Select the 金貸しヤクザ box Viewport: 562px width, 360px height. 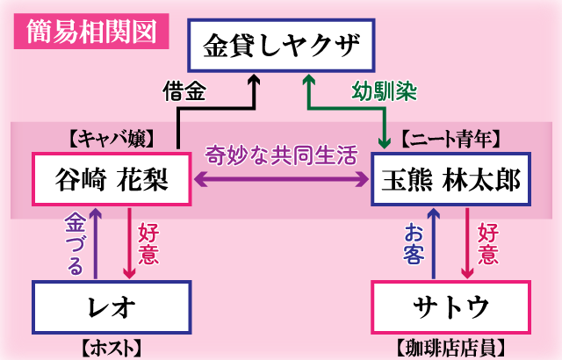(282, 46)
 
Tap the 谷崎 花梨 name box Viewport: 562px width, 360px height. (112, 181)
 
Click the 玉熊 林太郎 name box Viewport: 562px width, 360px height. (451, 181)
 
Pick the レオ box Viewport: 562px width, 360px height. (112, 307)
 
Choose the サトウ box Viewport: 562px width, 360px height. (451, 307)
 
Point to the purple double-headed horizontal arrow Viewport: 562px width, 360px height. (281, 179)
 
